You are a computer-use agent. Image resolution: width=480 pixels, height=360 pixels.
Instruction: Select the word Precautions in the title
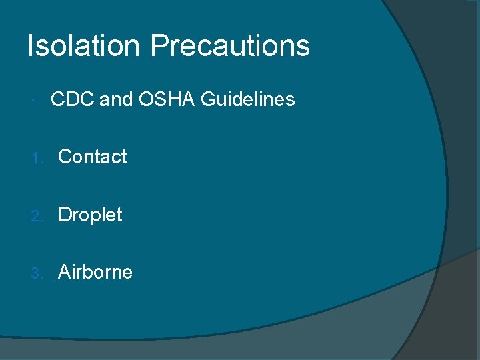pyautogui.click(x=230, y=46)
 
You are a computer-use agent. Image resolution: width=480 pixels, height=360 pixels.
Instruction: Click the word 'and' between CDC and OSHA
pyautogui.click(x=116, y=99)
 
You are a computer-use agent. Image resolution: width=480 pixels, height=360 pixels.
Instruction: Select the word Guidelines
pyautogui.click(x=247, y=99)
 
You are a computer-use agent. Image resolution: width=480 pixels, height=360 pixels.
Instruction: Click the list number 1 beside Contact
pyautogui.click(x=38, y=158)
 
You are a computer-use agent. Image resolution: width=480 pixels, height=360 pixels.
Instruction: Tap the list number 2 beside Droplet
pyautogui.click(x=38, y=215)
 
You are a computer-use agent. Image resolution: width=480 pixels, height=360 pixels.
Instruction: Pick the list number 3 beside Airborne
pyautogui.click(x=38, y=273)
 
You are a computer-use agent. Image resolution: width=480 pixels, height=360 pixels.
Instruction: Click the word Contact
pyautogui.click(x=92, y=157)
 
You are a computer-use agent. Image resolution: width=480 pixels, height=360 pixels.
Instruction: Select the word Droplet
pyautogui.click(x=90, y=215)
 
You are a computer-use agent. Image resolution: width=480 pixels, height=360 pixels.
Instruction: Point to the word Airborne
pyautogui.click(x=95, y=272)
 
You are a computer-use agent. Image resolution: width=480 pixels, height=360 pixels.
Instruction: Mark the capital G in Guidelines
pyautogui.click(x=208, y=99)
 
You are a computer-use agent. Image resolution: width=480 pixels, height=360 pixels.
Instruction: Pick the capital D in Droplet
pyautogui.click(x=65, y=215)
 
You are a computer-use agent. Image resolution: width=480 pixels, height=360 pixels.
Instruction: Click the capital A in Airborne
pyautogui.click(x=65, y=272)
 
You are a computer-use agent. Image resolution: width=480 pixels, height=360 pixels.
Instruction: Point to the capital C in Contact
pyautogui.click(x=65, y=157)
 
